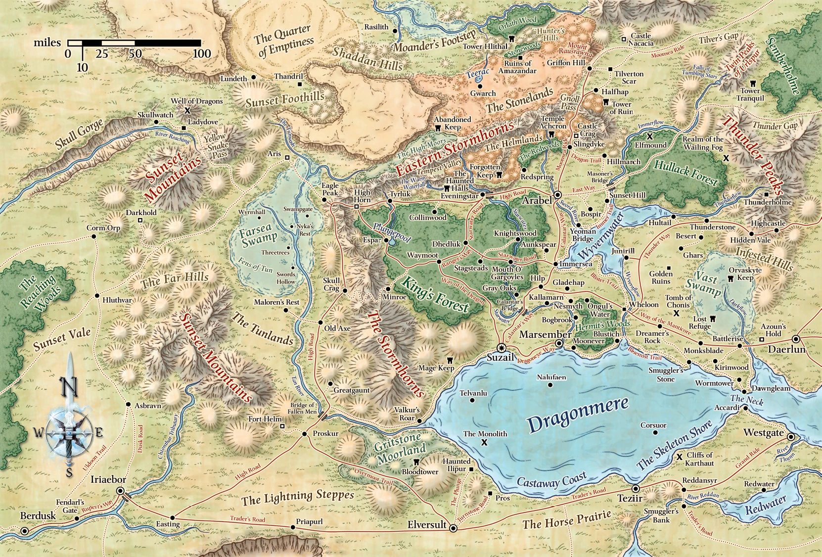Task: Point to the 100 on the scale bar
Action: click(201, 53)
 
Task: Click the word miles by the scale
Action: click(47, 43)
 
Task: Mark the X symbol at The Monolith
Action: click(484, 443)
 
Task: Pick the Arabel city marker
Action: click(558, 195)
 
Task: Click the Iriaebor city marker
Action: click(120, 491)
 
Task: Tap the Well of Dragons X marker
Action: click(187, 111)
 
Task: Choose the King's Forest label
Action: click(436, 295)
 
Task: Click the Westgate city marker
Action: click(791, 437)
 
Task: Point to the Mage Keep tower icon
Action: click(450, 360)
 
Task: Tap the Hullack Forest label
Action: click(686, 173)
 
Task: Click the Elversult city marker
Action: click(453, 528)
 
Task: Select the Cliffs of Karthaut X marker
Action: click(680, 458)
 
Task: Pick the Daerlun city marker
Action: click(796, 339)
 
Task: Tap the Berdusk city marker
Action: click(25, 531)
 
